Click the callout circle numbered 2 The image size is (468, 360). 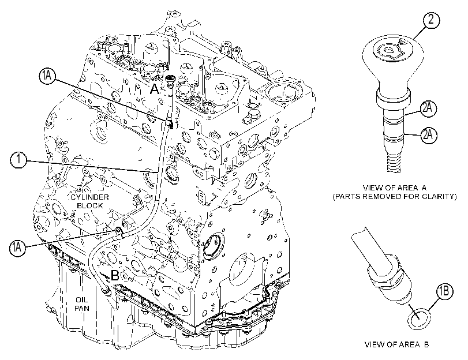[431, 20]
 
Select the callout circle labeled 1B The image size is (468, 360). [444, 290]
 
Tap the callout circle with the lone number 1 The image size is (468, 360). [18, 160]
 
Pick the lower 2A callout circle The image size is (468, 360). [428, 134]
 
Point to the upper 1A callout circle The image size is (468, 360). [47, 76]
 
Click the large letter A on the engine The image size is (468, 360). [154, 89]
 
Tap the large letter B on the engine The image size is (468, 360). [115, 275]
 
